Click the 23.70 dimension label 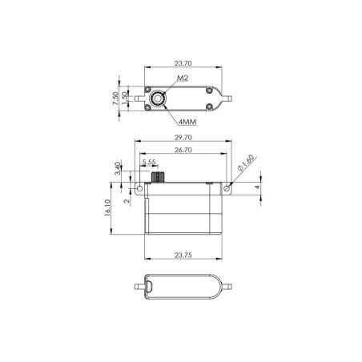pos(183,63)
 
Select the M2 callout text pos(183,78)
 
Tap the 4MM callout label pos(187,122)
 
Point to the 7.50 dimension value pos(115,99)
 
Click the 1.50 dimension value pos(125,99)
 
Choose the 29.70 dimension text pos(183,138)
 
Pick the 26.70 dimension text pos(183,150)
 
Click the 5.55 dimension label pos(149,162)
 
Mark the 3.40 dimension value pos(118,168)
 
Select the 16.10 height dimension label pos(107,207)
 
